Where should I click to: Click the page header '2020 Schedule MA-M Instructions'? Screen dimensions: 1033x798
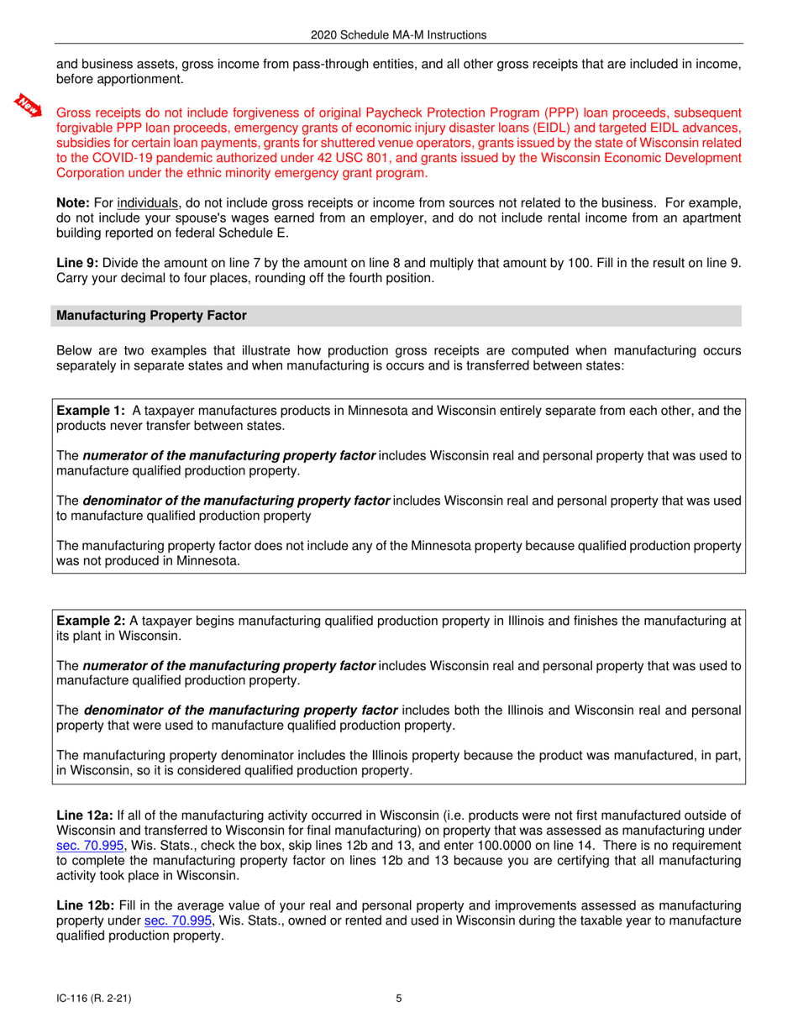tap(398, 35)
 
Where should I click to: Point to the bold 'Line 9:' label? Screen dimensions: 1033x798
tap(76, 263)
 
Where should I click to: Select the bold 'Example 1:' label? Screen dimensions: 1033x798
tap(91, 412)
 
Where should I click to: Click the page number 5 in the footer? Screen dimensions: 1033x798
tap(399, 999)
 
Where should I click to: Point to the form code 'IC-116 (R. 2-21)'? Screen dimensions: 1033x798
tap(93, 999)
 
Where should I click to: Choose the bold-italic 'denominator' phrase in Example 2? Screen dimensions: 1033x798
tap(238, 711)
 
